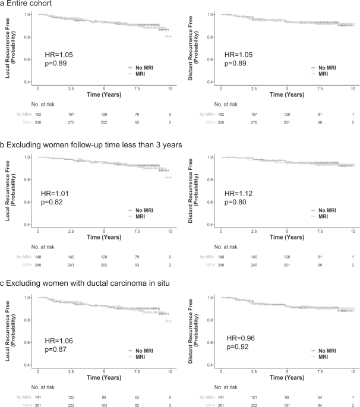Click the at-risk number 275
tap(71, 123)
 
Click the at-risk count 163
tap(104, 406)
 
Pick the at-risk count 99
tap(104, 397)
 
